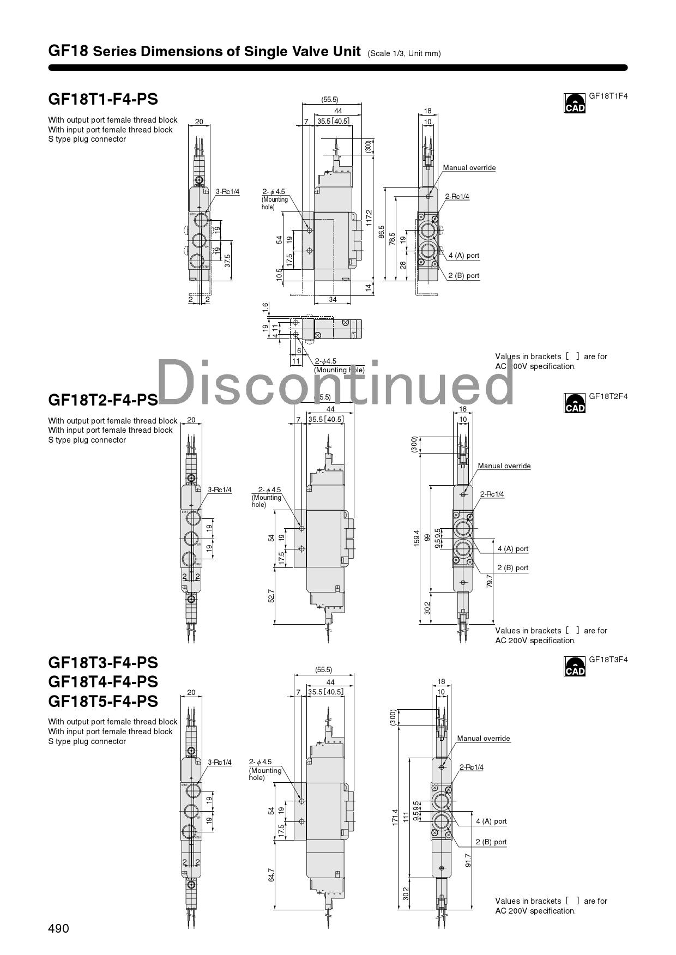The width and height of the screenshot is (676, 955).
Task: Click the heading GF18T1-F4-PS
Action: pyautogui.click(x=103, y=99)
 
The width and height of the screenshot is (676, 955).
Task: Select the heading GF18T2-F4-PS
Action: pyautogui.click(x=103, y=400)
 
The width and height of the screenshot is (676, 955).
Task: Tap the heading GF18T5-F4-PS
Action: pyautogui.click(x=103, y=701)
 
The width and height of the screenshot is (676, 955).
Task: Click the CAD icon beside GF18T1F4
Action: pyautogui.click(x=575, y=103)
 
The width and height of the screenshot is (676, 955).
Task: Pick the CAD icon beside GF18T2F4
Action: pyautogui.click(x=575, y=403)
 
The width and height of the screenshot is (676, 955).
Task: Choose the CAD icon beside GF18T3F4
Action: pyautogui.click(x=575, y=667)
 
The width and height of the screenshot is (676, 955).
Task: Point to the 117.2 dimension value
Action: pyautogui.click(x=369, y=217)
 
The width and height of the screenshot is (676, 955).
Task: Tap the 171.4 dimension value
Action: pyautogui.click(x=395, y=818)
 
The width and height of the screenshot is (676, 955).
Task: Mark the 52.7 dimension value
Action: pyautogui.click(x=271, y=595)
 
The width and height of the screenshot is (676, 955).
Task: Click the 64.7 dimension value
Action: pyautogui.click(x=271, y=874)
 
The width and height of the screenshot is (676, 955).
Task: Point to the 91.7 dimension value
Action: pyautogui.click(x=468, y=860)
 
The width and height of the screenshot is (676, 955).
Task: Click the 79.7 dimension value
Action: pyautogui.click(x=490, y=581)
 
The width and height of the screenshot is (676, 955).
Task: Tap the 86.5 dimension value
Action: pyautogui.click(x=382, y=232)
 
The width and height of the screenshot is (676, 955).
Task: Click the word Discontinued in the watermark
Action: pyautogui.click(x=335, y=382)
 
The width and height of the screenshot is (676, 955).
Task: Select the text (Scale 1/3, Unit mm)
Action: pyautogui.click(x=404, y=53)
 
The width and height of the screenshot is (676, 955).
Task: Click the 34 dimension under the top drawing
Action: pyautogui.click(x=333, y=299)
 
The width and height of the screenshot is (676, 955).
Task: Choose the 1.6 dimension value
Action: pyautogui.click(x=265, y=308)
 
